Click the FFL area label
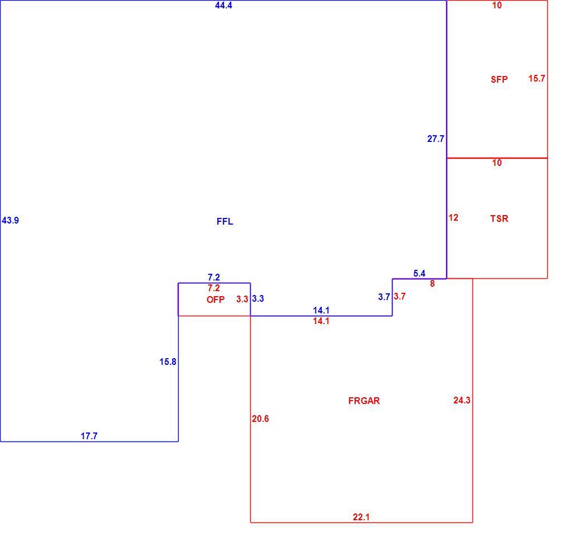[225, 221]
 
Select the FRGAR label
[364, 401]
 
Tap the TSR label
[499, 218]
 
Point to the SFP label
[499, 79]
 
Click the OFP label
[216, 299]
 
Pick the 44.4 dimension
[224, 5]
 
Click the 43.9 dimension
[10, 220]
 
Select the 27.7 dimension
[436, 139]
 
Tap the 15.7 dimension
[537, 78]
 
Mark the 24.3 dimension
[462, 400]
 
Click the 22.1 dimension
[361, 517]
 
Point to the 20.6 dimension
[260, 419]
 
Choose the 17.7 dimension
[89, 436]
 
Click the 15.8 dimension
[168, 362]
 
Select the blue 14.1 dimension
[321, 310]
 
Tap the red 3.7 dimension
[400, 296]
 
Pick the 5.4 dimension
[419, 274]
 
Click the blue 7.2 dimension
[214, 278]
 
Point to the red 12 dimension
[453, 217]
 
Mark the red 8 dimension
[432, 284]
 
